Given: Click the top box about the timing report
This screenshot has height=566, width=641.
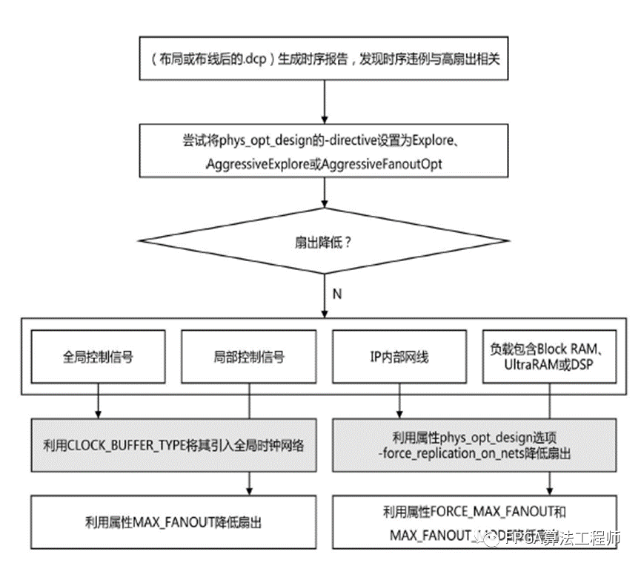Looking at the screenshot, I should point(325,58).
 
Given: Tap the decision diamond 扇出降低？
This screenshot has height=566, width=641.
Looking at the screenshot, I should point(325,242).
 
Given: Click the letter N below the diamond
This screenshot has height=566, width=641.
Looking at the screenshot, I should point(337,294).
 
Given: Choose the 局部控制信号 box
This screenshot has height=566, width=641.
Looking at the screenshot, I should point(248,358).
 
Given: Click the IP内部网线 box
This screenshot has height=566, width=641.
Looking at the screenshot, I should point(399,358).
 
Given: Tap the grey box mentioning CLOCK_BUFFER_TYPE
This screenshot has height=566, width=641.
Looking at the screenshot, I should point(173,445).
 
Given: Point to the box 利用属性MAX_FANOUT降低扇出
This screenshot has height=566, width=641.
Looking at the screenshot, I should point(173,522).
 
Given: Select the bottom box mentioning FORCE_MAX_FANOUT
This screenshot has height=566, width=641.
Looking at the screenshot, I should point(474,522).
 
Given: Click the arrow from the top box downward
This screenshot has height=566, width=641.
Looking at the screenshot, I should point(325,99).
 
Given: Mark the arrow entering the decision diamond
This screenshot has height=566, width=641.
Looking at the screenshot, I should point(325,194).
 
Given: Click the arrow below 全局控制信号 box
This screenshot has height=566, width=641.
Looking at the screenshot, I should point(97,405).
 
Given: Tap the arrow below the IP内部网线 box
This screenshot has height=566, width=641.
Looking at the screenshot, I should point(400,405).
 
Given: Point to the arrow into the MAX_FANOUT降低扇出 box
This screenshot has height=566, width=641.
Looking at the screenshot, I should point(248,484).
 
